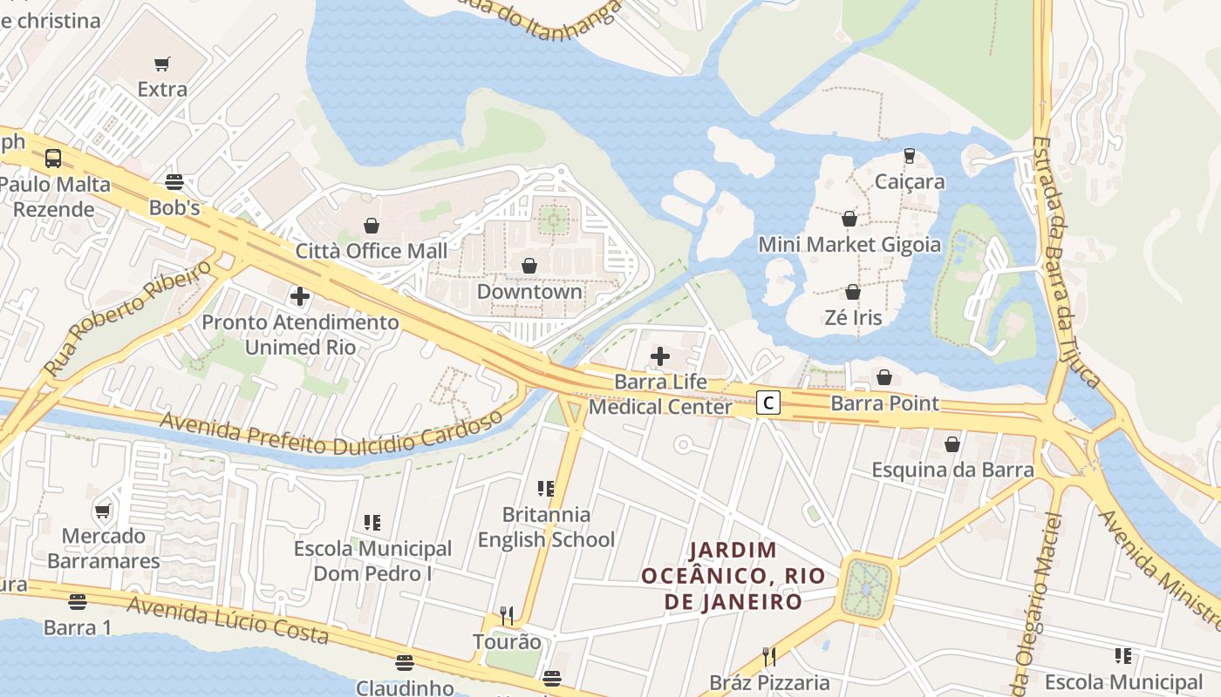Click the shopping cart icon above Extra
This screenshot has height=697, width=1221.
(162, 64)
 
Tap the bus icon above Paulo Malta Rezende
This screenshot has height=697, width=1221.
(53, 159)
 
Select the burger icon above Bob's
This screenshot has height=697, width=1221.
(174, 182)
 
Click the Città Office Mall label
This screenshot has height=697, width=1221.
(372, 251)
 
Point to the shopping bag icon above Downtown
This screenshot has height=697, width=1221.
(529, 266)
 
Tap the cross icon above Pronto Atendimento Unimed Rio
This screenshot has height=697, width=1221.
(300, 296)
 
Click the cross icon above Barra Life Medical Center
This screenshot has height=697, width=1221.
(660, 355)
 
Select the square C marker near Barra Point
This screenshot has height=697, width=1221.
(767, 403)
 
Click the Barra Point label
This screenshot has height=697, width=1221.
(884, 403)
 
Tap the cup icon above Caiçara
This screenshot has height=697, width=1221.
(910, 156)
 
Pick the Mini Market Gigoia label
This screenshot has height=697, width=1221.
(849, 244)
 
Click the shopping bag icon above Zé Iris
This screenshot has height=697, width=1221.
(853, 292)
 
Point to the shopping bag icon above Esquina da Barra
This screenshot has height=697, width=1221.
(952, 444)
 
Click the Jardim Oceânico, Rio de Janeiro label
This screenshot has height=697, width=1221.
(733, 576)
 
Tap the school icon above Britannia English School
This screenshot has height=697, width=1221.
(546, 488)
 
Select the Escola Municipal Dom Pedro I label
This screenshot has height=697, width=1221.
(372, 561)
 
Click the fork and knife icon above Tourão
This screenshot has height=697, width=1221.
(507, 615)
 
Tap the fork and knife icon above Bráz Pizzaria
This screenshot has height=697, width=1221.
(768, 656)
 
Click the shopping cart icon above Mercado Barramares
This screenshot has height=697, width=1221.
(103, 511)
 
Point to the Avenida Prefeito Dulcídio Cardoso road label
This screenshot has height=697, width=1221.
(331, 433)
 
